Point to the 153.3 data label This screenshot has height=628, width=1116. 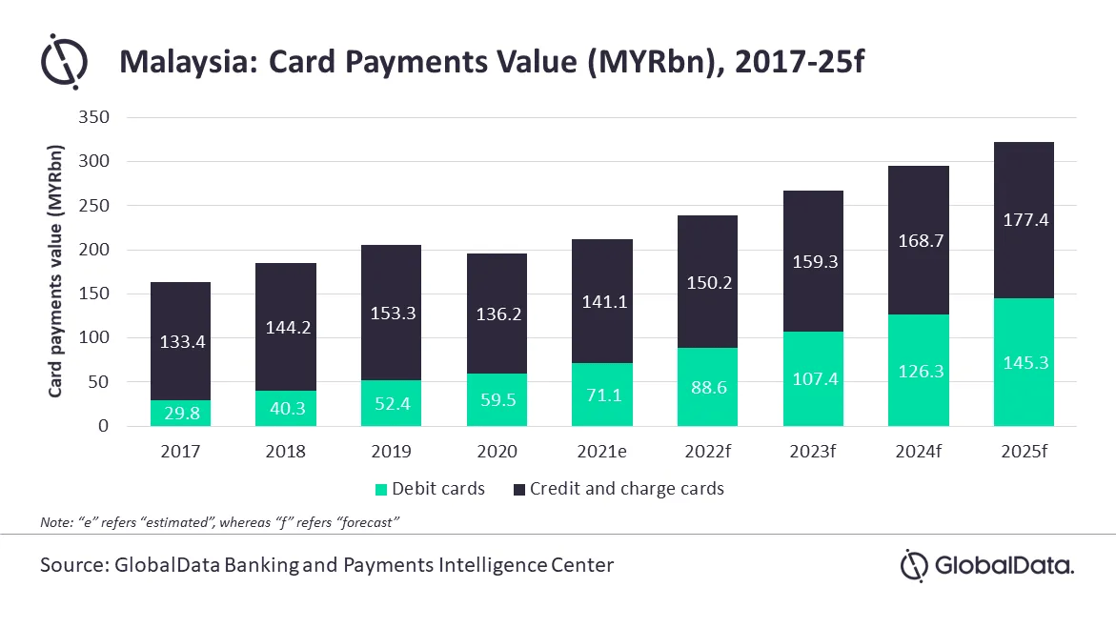[392, 314]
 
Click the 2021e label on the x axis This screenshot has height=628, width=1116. [601, 451]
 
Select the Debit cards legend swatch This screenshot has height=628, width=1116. [381, 489]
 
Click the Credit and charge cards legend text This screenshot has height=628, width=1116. [626, 489]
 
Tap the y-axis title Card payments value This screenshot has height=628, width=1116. [57, 272]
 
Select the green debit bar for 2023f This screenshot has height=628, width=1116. [812, 379]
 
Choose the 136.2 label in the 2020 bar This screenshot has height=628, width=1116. [497, 313]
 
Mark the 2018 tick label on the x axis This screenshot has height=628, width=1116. [286, 451]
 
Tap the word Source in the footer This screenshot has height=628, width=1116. [71, 565]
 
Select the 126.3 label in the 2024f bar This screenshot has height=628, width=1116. [918, 371]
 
